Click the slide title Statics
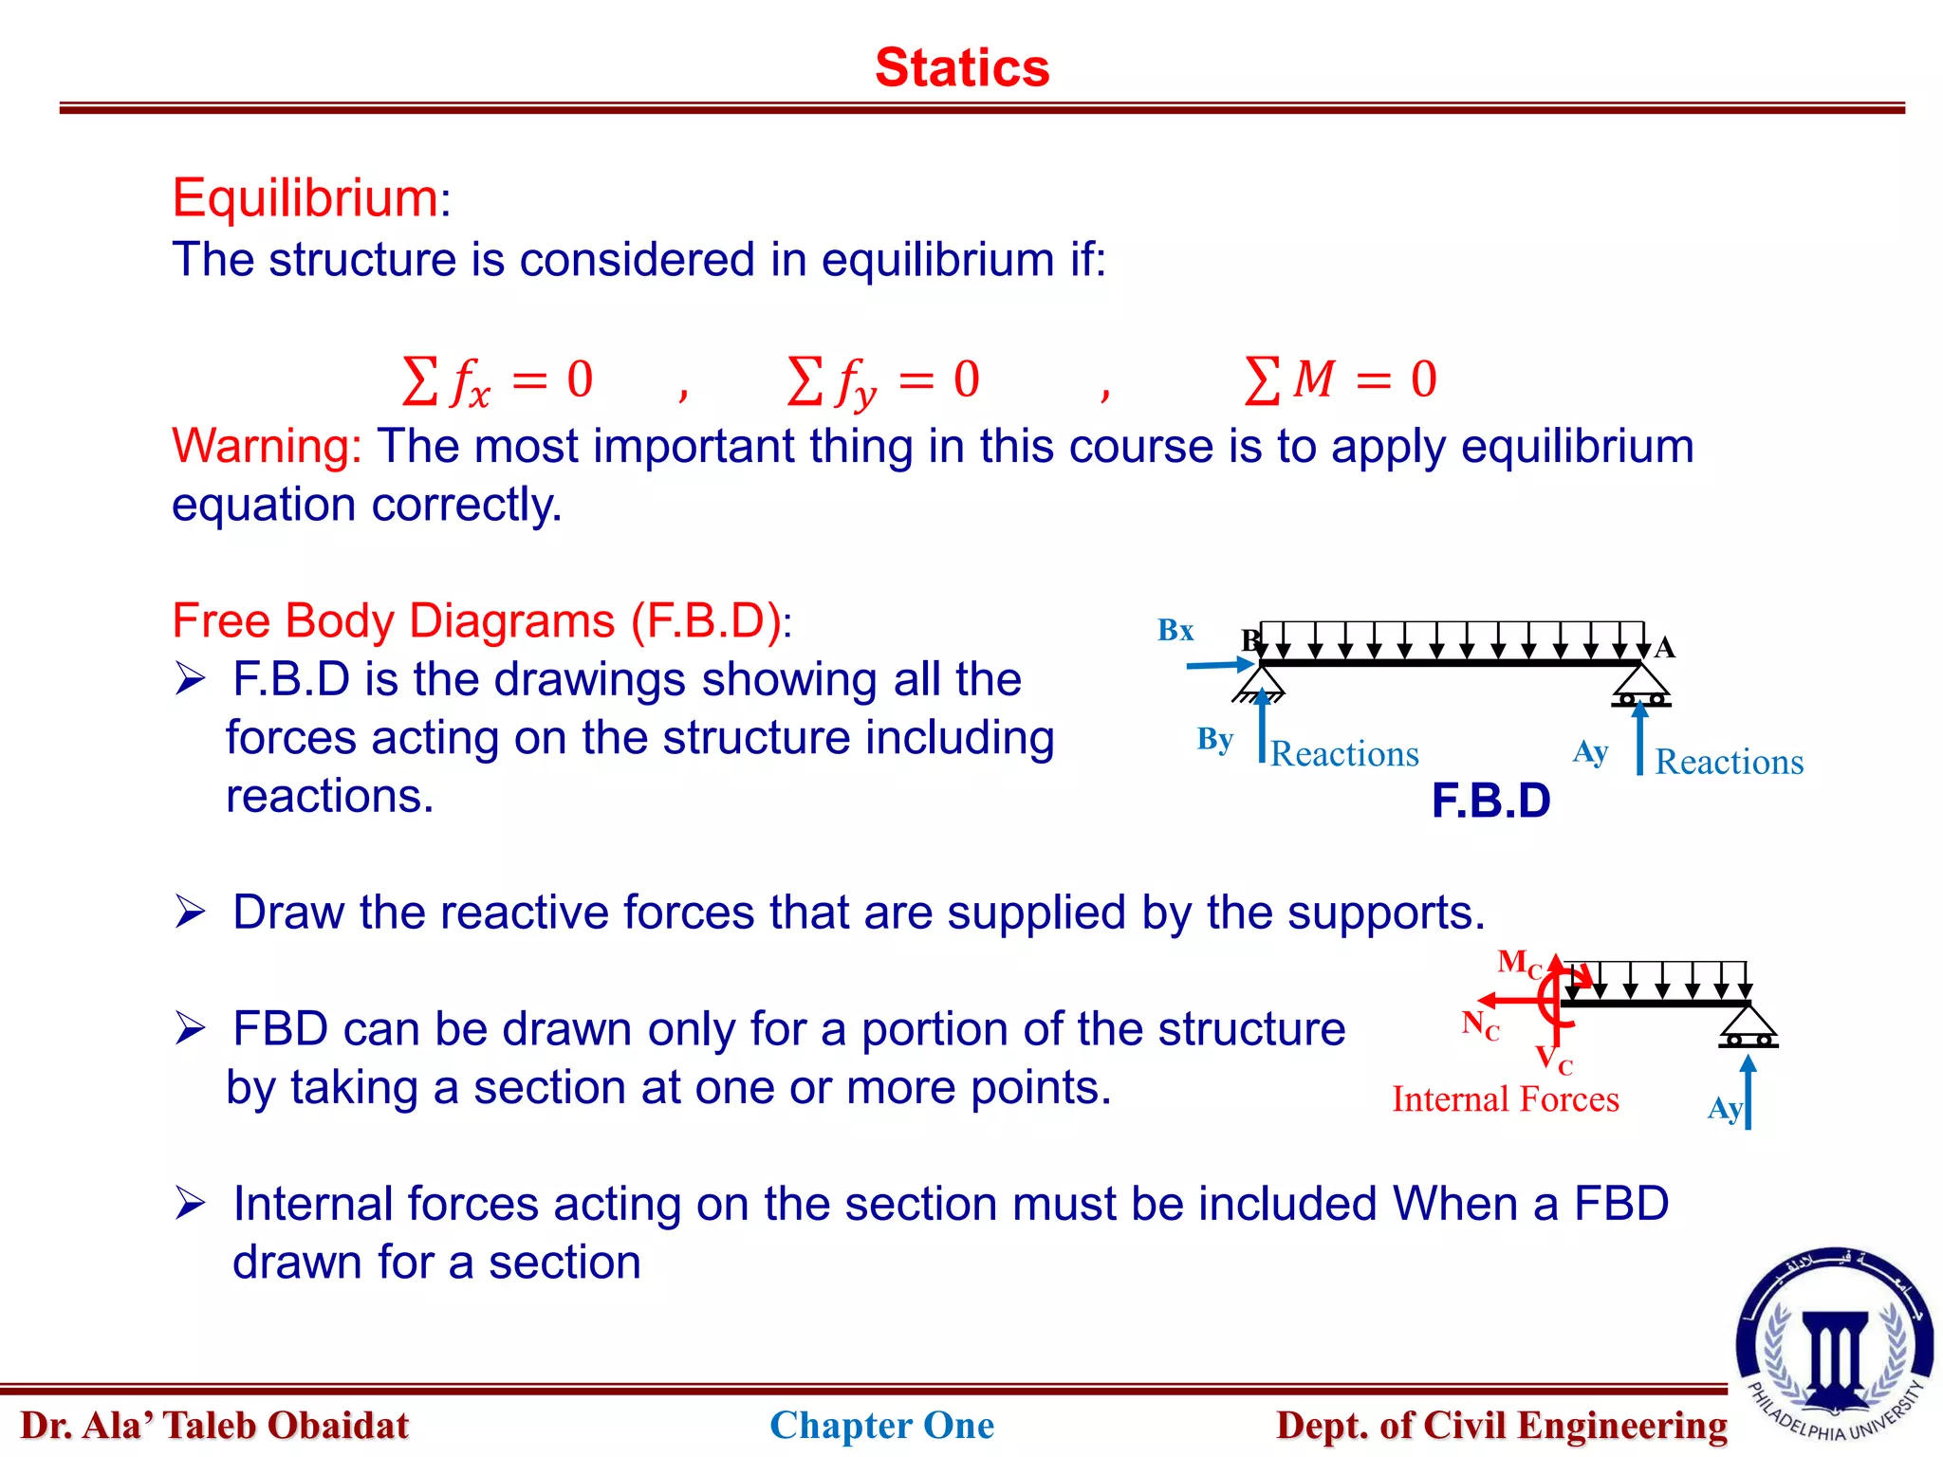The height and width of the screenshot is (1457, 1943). pyautogui.click(x=961, y=68)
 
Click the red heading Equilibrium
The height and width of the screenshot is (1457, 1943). pyautogui.click(x=305, y=198)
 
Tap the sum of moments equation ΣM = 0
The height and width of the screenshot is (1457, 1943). pyautogui.click(x=1340, y=379)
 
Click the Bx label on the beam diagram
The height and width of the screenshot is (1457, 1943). pyautogui.click(x=1175, y=630)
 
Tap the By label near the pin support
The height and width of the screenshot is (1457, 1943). pyautogui.click(x=1214, y=739)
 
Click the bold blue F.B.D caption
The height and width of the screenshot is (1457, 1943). pyautogui.click(x=1490, y=801)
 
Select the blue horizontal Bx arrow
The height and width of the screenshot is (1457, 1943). pyautogui.click(x=1220, y=666)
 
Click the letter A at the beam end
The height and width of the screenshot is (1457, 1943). pyautogui.click(x=1664, y=648)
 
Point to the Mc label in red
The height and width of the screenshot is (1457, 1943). pyautogui.click(x=1518, y=963)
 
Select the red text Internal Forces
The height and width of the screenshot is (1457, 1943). pyautogui.click(x=1505, y=1099)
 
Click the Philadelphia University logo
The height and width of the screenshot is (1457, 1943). pyautogui.click(x=1835, y=1344)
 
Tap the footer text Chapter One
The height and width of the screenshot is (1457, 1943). pyautogui.click(x=881, y=1425)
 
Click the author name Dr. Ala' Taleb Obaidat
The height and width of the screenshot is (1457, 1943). pyautogui.click(x=214, y=1425)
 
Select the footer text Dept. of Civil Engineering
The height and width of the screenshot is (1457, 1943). pyautogui.click(x=1501, y=1425)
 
